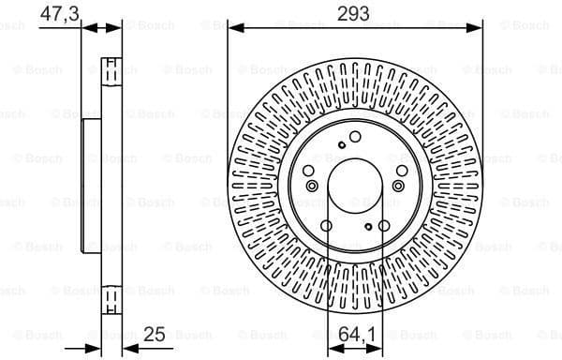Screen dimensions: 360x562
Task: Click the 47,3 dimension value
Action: click(61, 13)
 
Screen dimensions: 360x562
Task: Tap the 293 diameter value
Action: click(354, 13)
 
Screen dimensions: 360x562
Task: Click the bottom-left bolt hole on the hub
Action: click(325, 224)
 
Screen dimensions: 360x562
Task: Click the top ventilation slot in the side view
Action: click(111, 69)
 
